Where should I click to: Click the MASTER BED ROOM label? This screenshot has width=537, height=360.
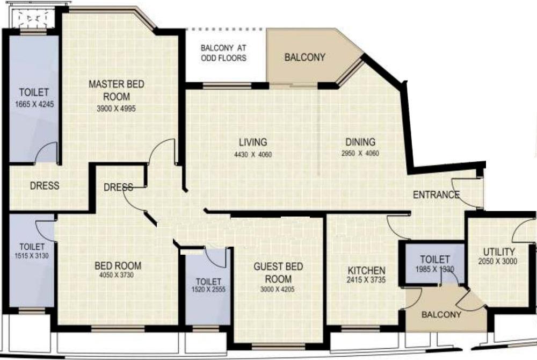(x=117, y=90)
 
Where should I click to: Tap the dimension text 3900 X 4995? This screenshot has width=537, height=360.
(x=117, y=108)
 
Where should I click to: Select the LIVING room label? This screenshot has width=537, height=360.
(x=253, y=142)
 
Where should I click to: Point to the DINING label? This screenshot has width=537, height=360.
(x=360, y=142)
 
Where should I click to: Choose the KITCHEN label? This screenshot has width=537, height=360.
(x=366, y=270)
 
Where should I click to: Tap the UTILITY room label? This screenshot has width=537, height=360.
(x=499, y=252)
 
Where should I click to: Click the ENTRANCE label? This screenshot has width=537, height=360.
(x=436, y=195)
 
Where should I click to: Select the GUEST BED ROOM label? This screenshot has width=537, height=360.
(x=278, y=273)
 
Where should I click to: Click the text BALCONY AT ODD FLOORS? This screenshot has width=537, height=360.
(x=224, y=53)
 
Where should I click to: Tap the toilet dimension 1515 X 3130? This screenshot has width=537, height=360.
(x=32, y=256)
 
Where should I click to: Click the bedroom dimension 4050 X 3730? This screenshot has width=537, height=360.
(x=118, y=275)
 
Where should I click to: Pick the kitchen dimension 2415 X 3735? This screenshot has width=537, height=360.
(x=366, y=280)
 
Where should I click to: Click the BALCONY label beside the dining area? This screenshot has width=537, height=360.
(x=304, y=57)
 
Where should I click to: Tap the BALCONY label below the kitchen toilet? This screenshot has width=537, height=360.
(x=441, y=315)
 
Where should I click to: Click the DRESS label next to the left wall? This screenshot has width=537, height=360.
(x=44, y=186)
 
